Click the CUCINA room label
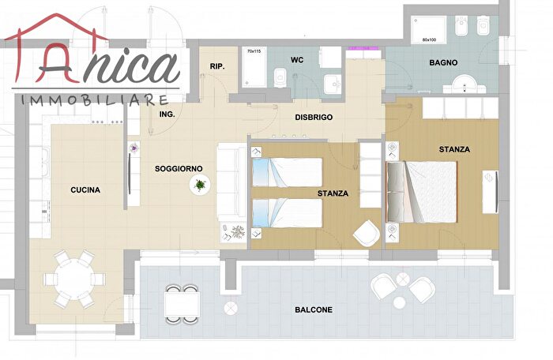point(85,190)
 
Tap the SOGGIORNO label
point(179,169)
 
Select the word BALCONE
point(314,310)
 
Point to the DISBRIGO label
point(314,118)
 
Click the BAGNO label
point(443,62)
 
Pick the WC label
point(297,60)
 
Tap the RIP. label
point(217,66)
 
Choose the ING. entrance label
point(167,114)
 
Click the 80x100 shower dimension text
point(429,39)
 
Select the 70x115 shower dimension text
point(254,51)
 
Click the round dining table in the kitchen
point(74,279)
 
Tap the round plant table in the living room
point(200,185)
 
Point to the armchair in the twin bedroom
point(367,233)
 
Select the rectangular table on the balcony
point(182,304)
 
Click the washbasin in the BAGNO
point(465,84)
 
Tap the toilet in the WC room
point(280,77)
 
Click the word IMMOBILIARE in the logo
point(95,100)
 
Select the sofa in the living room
point(231,182)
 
